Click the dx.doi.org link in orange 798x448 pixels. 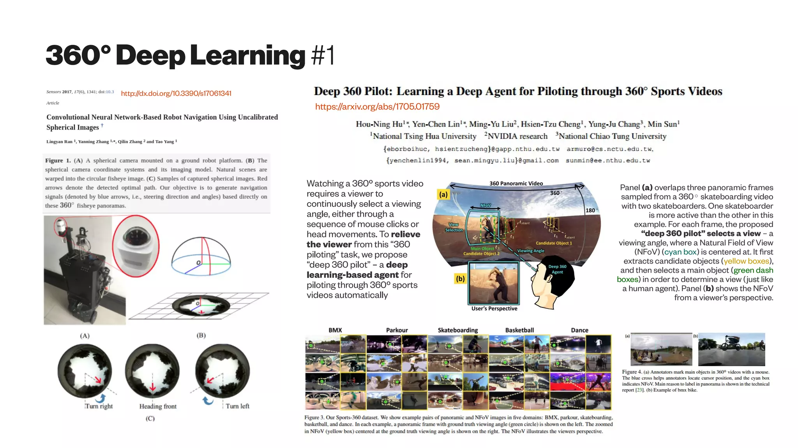[176, 93]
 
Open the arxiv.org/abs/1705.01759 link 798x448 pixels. [377, 107]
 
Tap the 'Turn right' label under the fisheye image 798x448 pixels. [99, 406]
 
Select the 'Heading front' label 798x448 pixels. [158, 406]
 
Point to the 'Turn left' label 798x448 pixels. [237, 406]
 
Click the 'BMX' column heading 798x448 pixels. [335, 330]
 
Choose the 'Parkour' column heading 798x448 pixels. [397, 330]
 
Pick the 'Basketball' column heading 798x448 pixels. [519, 330]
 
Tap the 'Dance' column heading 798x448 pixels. [579, 330]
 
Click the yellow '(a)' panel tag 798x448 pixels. [443, 194]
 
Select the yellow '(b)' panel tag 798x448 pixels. [460, 279]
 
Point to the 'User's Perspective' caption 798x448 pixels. [494, 309]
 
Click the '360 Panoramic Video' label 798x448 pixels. [516, 183]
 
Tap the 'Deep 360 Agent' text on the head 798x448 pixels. [557, 269]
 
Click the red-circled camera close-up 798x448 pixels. [136, 246]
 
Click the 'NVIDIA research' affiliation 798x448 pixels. [517, 136]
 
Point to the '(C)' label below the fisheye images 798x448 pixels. [150, 418]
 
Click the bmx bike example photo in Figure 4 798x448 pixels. [731, 349]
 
